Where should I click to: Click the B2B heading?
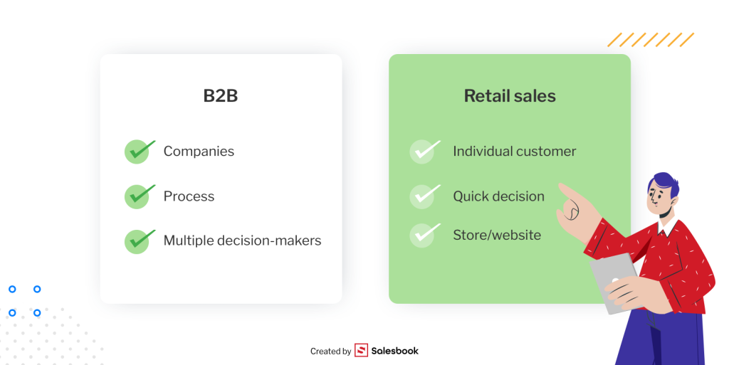tap(221, 96)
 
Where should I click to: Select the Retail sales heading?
tap(510, 96)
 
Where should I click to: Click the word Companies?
tap(199, 152)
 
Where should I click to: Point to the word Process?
tap(189, 196)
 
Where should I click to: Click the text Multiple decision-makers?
tap(242, 241)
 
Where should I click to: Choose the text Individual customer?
tap(514, 152)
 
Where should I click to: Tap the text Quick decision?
tap(498, 196)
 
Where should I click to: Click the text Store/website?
tap(497, 235)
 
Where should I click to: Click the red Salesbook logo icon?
tap(362, 351)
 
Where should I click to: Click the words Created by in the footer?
tap(330, 351)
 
